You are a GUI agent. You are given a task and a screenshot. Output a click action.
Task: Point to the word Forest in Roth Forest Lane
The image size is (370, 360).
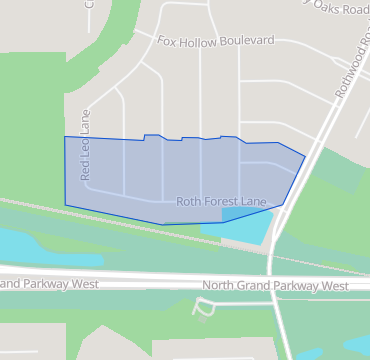point(222,201)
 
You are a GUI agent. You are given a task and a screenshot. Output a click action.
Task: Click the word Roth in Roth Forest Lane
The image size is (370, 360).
point(189,201)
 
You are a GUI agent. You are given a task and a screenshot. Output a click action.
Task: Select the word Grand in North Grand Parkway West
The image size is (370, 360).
point(259,286)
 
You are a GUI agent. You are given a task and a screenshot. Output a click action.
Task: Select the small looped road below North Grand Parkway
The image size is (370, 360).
point(204,306)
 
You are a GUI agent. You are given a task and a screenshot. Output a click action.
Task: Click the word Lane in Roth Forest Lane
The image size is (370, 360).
point(254,201)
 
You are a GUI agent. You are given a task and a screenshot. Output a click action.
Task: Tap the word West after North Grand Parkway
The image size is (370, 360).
point(333,286)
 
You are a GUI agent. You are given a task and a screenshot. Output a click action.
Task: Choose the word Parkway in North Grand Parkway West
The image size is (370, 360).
point(299,286)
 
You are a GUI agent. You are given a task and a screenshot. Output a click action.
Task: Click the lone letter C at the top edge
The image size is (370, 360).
point(88,4)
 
